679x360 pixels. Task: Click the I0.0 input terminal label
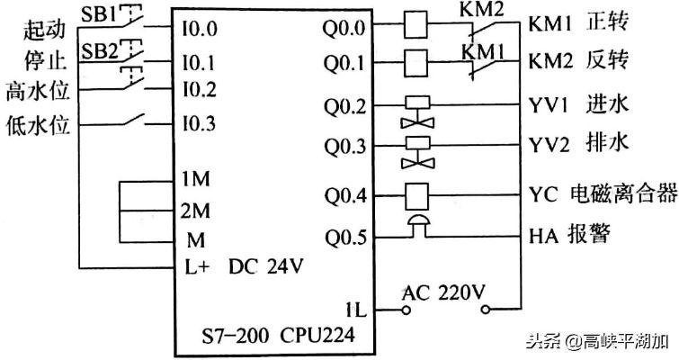tap(199, 29)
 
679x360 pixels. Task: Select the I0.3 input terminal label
tap(199, 124)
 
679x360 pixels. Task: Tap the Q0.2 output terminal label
tap(345, 106)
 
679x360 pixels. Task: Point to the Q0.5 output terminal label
tap(346, 238)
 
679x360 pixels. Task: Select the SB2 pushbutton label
tap(100, 52)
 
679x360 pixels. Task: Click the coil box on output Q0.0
tap(415, 24)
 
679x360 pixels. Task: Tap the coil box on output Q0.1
tap(415, 62)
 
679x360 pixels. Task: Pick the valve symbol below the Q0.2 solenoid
tap(417, 123)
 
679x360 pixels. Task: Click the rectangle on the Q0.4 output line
tap(417, 196)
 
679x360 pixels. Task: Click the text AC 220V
tap(443, 293)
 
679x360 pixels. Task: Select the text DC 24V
tap(266, 266)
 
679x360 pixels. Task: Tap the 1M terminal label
tap(195, 178)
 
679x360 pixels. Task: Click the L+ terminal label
tap(197, 267)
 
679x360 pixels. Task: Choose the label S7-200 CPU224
tap(278, 336)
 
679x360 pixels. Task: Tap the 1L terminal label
tap(356, 310)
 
